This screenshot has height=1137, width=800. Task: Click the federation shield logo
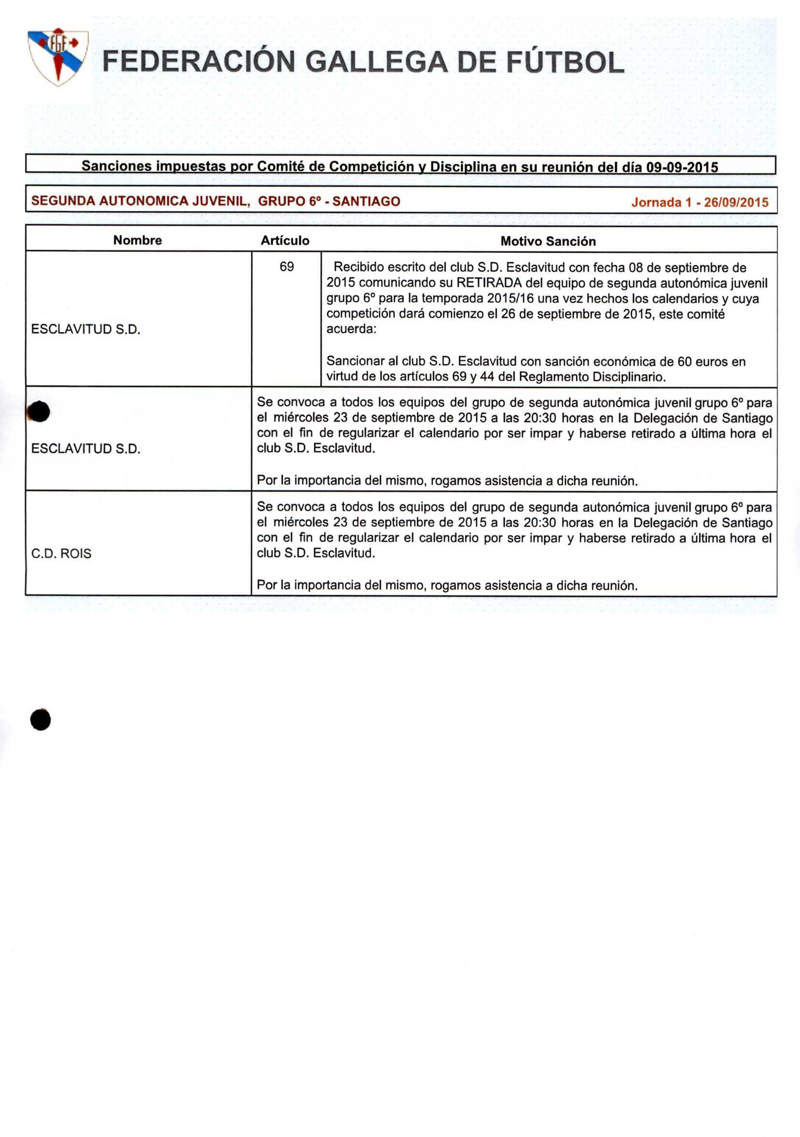coord(58,57)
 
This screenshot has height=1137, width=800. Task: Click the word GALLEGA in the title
coord(376,63)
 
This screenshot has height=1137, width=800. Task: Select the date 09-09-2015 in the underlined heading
coord(682,167)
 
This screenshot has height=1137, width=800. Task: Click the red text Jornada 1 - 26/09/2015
coord(699,202)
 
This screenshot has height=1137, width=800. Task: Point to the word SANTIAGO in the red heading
coord(366,201)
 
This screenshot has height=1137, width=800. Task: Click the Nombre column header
coord(138,240)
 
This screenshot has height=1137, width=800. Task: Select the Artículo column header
coord(285,240)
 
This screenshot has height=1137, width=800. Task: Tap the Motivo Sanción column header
coord(548,241)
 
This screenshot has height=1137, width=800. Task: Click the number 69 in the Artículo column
coord(287,267)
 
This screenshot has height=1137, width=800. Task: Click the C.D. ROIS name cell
coord(61,553)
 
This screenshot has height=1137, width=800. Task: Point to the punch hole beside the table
coord(39,412)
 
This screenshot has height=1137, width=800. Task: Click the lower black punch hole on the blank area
coord(41,719)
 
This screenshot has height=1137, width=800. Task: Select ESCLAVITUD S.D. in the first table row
coord(86,329)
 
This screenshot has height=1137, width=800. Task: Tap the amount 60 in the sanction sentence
coord(684,361)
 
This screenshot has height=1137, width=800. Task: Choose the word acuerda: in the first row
coord(351,329)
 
